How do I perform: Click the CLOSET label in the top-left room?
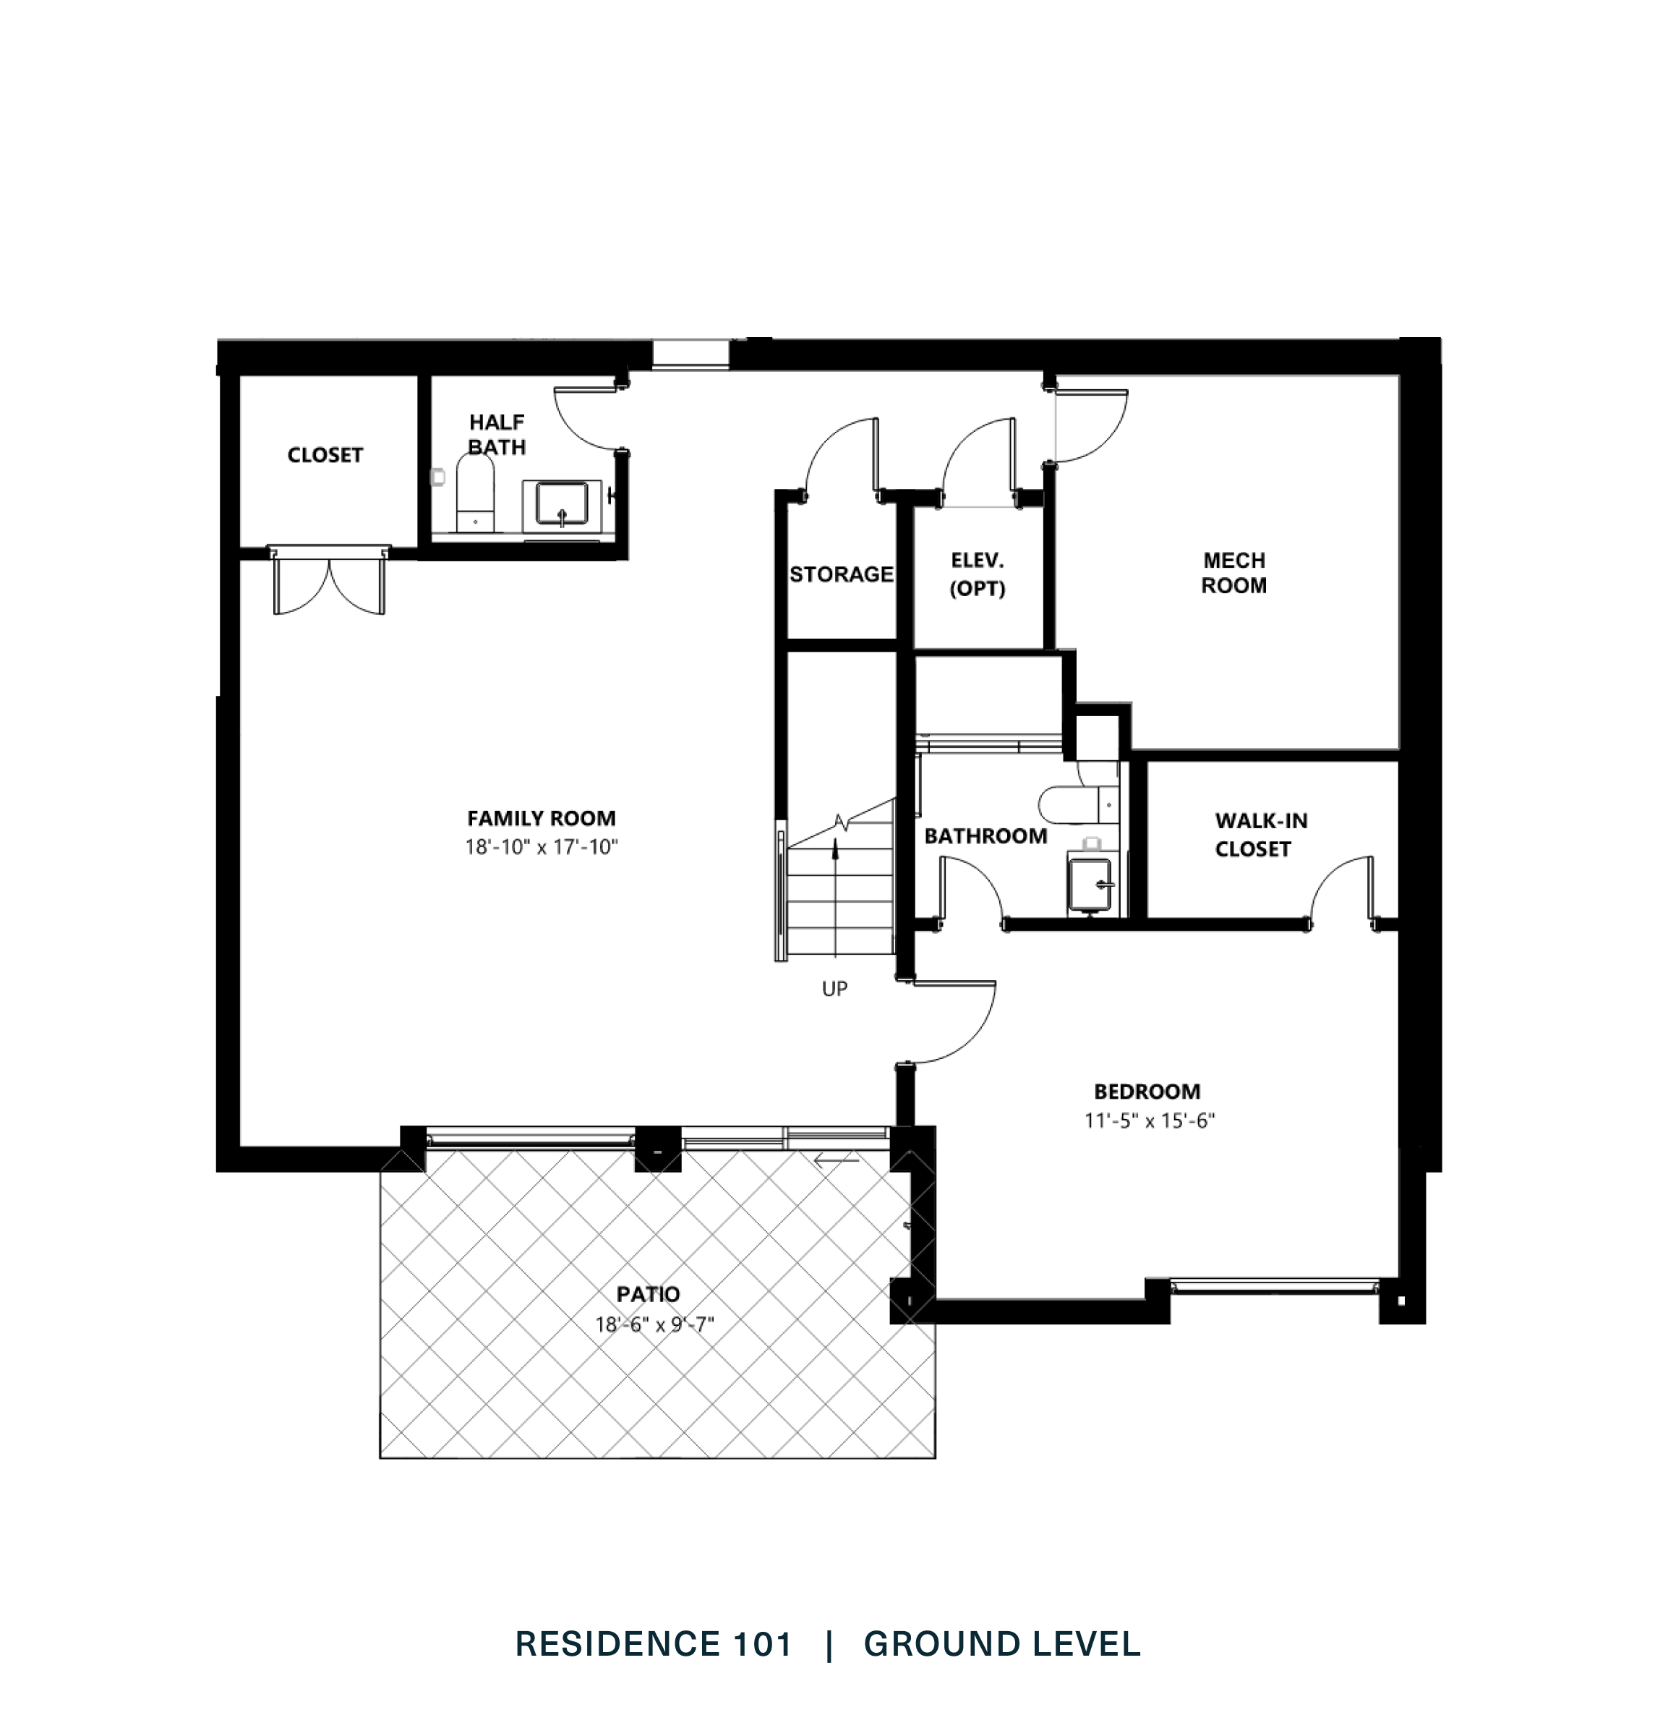[x=325, y=456]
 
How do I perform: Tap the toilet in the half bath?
[x=476, y=497]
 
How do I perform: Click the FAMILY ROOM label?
[x=541, y=818]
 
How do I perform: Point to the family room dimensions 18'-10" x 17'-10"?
[x=541, y=847]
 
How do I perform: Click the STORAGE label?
[x=841, y=574]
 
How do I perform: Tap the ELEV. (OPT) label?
[x=978, y=574]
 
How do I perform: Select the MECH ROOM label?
[x=1233, y=573]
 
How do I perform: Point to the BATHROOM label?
[x=985, y=835]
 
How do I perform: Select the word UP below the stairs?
[x=834, y=990]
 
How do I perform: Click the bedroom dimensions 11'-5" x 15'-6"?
[x=1150, y=1122]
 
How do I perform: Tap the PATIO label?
[x=648, y=1295]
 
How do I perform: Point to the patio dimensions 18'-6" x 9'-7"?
[x=654, y=1324]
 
